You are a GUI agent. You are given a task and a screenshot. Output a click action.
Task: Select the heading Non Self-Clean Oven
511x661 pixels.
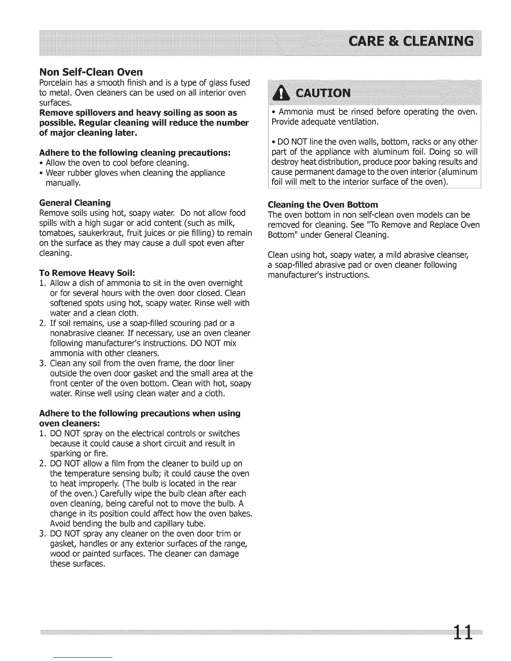click(91, 72)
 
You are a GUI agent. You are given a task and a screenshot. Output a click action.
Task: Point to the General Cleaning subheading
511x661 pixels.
click(75, 203)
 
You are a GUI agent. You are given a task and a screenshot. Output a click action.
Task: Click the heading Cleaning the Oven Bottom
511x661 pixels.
click(323, 204)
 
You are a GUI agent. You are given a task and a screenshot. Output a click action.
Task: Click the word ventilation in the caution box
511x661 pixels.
click(354, 122)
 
